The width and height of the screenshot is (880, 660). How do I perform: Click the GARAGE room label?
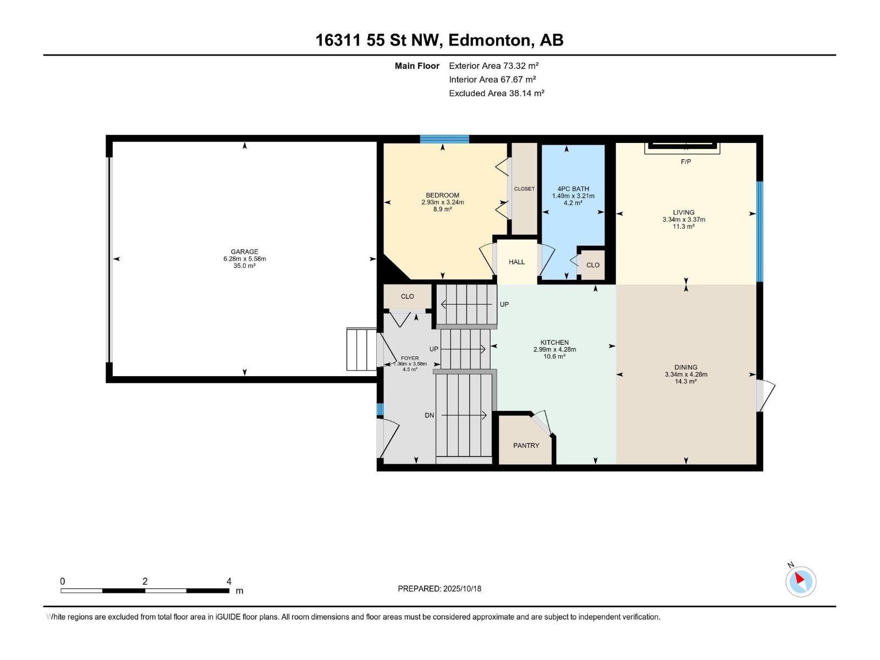[x=244, y=252]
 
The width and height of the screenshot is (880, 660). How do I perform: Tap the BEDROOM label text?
[x=442, y=195]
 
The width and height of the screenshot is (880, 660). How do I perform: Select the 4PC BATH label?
[x=573, y=189]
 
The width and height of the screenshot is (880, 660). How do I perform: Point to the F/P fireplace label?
[x=685, y=162]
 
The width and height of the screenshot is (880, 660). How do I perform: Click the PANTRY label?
[x=526, y=446]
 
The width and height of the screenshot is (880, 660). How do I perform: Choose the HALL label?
[x=516, y=262]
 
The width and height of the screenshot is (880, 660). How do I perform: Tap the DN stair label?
[x=429, y=416]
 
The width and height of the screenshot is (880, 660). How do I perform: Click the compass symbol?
[x=801, y=581]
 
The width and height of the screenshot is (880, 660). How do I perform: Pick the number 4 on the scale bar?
[x=228, y=581]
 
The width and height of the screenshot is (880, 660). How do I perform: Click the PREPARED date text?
[x=439, y=588]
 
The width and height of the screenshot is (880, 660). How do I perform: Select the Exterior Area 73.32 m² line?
[x=493, y=65]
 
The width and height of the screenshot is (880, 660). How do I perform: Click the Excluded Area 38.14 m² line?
[x=496, y=94]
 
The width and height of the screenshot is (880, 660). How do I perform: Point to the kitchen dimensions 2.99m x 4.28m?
[x=554, y=349]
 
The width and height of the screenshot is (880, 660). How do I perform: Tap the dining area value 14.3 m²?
[x=685, y=382]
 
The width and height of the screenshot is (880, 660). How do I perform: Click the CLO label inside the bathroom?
[x=592, y=265]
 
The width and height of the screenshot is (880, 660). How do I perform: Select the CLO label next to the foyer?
[x=407, y=296]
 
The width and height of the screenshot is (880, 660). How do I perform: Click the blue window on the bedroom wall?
[x=444, y=139]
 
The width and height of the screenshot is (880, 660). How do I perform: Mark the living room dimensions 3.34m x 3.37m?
[x=684, y=219]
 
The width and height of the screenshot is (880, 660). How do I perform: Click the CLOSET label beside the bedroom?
[x=524, y=189]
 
